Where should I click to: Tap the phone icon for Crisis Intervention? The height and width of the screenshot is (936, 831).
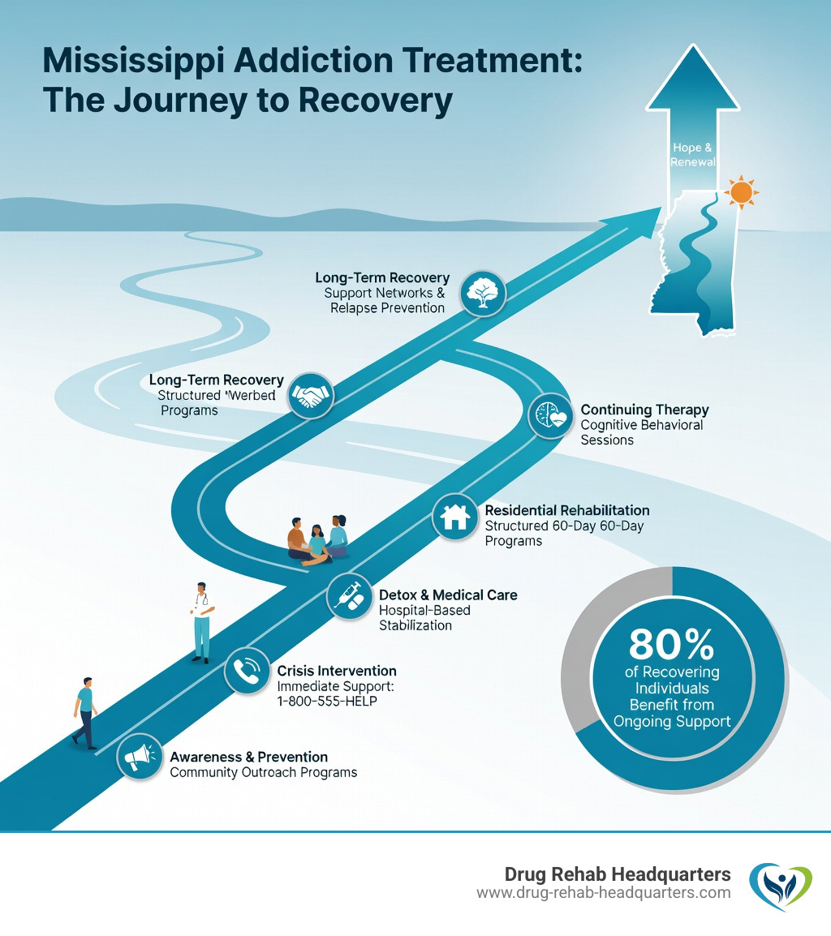pos(248,671)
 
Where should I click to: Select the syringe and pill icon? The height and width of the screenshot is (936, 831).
pos(350,598)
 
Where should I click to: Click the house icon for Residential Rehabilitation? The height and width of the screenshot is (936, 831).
pos(455,517)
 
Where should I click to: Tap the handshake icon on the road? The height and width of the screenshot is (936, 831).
pos(311,395)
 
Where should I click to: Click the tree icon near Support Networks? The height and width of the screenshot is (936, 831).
pos(483,294)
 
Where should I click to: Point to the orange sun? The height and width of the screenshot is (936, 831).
pos(740,192)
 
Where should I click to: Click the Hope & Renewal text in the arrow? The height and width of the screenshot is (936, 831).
pos(692,155)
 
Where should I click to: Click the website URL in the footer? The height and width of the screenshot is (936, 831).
pos(603,892)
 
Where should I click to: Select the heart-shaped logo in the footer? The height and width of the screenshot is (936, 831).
pos(779,883)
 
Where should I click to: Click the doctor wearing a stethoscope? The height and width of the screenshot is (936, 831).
pos(202,620)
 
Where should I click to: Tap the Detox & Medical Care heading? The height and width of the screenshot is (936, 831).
pos(448,595)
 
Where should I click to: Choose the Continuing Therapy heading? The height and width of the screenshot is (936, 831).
pos(644,410)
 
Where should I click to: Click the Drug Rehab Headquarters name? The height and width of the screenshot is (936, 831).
pos(617,874)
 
